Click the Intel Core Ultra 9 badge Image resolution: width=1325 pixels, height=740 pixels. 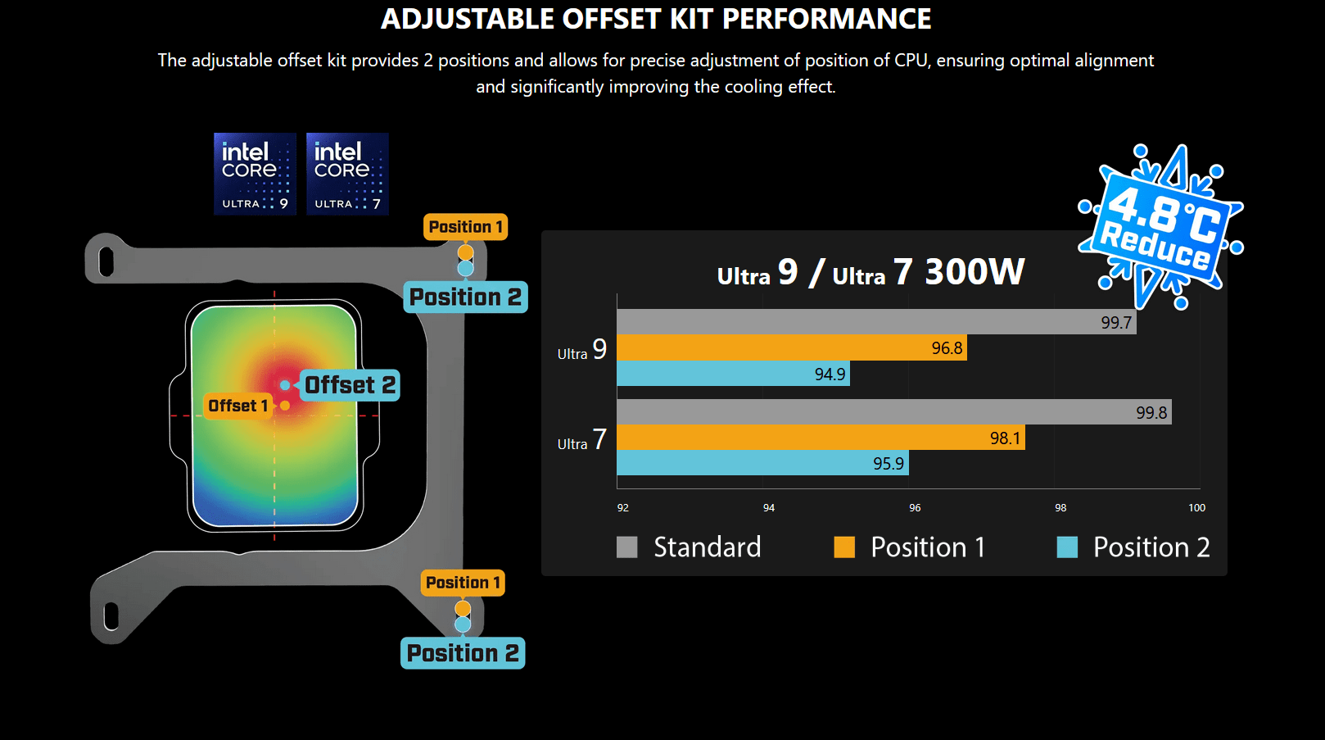pos(255,174)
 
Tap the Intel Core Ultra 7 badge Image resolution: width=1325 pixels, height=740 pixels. pos(347,174)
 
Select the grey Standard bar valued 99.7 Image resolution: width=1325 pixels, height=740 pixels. pos(876,321)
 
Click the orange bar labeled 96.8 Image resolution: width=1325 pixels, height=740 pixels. pos(792,347)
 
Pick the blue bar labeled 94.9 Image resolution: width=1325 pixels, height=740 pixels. pos(734,374)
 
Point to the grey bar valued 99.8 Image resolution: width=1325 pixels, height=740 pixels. pos(894,411)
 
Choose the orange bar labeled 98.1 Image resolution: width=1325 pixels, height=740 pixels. pos(821,438)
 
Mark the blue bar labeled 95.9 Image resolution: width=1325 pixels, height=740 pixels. pos(763,463)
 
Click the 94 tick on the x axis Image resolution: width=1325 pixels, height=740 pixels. pos(768,508)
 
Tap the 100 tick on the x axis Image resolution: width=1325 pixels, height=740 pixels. pos(1196,508)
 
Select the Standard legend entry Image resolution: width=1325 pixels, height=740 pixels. pos(689,547)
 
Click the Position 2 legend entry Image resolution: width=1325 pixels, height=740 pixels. pos(1133,547)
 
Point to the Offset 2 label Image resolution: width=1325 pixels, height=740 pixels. pos(350,385)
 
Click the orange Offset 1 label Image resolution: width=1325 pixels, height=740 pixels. pos(237,406)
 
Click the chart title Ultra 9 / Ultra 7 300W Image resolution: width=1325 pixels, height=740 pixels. pos(871,272)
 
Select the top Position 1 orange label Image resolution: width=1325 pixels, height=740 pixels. pos(465,227)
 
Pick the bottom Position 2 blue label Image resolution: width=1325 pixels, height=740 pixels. pos(463,653)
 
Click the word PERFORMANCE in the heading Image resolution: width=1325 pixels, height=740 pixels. pos(827,19)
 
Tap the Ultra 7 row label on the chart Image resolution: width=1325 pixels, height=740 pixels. pos(582,440)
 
